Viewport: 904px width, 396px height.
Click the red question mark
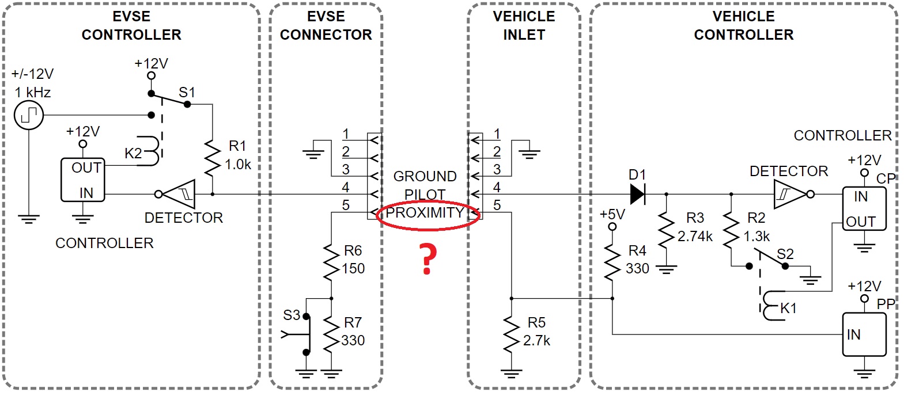click(x=427, y=258)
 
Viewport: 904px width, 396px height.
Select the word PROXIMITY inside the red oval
click(x=425, y=213)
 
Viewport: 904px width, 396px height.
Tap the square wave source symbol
click(x=29, y=115)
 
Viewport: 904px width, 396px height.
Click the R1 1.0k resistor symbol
click(x=213, y=157)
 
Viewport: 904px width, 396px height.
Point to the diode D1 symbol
click(x=638, y=194)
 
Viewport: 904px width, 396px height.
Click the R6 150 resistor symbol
click(x=331, y=262)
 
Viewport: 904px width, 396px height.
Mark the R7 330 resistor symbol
click(x=331, y=334)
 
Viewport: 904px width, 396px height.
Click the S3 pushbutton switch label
click(x=292, y=315)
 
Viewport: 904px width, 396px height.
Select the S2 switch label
click(x=785, y=254)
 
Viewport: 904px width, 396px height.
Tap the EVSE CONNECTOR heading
click(x=326, y=26)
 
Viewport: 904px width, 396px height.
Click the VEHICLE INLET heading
click(x=524, y=26)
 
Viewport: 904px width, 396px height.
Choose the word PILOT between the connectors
click(x=425, y=195)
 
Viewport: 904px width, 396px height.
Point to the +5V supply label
click(x=612, y=215)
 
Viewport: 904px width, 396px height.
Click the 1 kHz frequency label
click(x=33, y=92)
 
